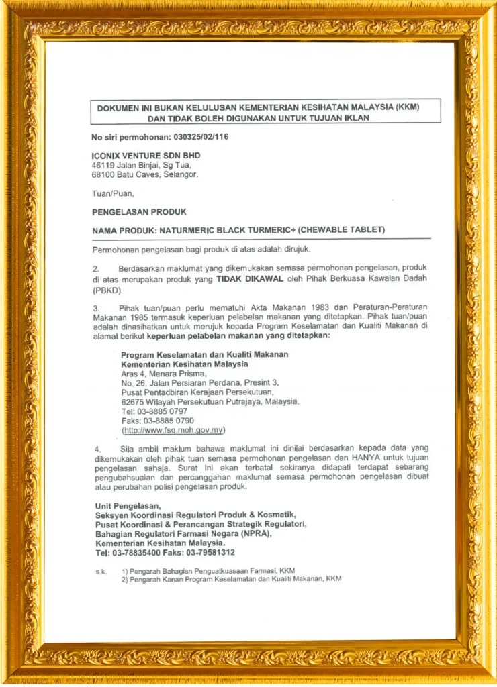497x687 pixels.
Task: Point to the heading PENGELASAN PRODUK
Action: pos(139,212)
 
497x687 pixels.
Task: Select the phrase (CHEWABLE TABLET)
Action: pos(341,230)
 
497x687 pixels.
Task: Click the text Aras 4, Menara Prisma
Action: pos(164,374)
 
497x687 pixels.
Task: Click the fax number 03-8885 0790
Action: pos(166,421)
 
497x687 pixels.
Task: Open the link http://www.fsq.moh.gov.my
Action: pos(173,430)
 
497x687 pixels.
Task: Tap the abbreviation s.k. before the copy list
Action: pos(101,571)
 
